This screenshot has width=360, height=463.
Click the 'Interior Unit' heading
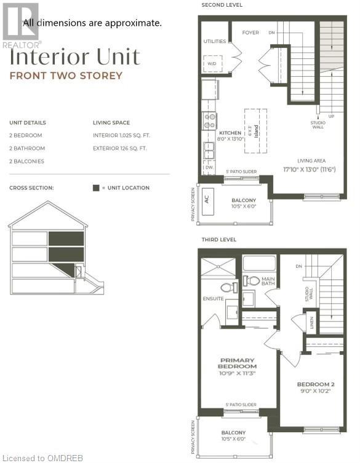pos(74,57)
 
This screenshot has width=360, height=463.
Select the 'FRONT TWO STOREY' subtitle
pos(65,76)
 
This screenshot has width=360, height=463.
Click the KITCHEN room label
pos(229,133)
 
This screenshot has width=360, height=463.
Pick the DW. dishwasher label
pos(209,166)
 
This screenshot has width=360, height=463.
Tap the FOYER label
pos(250,32)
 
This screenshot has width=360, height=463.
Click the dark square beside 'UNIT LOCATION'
pos(95,188)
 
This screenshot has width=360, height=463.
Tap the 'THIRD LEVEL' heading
pos(218,239)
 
